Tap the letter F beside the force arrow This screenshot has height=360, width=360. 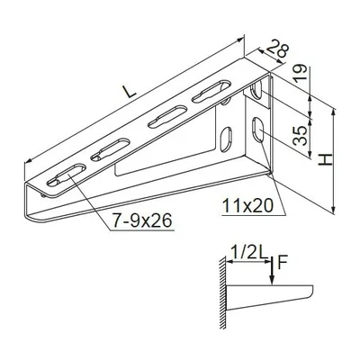[283, 264]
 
